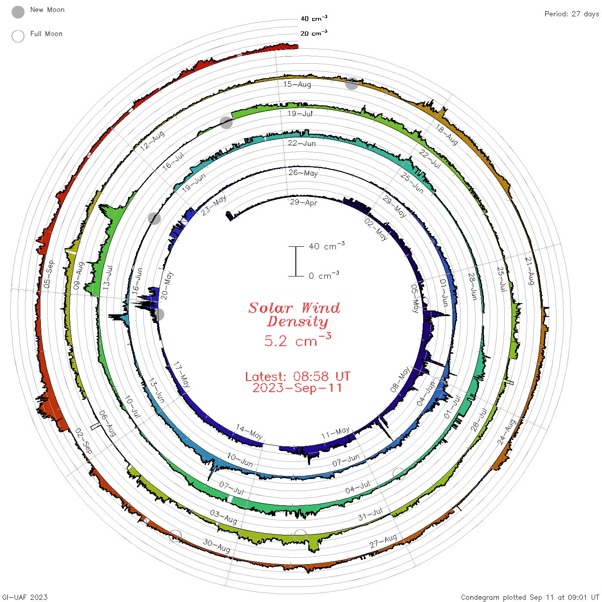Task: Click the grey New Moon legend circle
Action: tap(18, 12)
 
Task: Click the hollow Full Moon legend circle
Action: tap(18, 36)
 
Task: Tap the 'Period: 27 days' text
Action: tap(572, 14)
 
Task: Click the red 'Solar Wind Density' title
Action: tap(294, 315)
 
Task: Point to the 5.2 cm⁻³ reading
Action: tap(298, 340)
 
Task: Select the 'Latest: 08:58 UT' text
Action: tap(298, 376)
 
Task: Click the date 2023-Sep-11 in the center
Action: tap(297, 388)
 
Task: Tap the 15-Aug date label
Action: tap(297, 84)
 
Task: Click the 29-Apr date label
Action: tap(303, 203)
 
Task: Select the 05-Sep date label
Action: tap(49, 274)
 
